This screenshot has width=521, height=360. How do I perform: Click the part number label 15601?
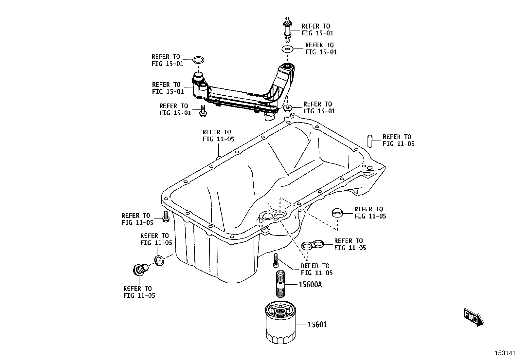tap(317, 325)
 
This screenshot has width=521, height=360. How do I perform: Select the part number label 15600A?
tap(310, 285)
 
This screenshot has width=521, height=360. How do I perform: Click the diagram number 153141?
tap(505, 353)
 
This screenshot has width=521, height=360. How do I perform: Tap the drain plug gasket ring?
tap(159, 260)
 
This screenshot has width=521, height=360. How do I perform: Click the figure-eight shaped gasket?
tap(313, 245)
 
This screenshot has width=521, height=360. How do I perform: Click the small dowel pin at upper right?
tap(369, 141)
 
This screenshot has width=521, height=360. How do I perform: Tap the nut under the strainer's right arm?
tap(288, 108)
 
